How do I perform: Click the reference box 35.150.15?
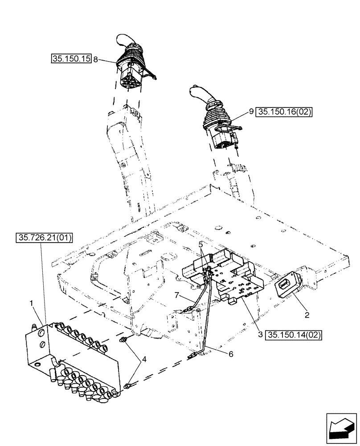(71, 58)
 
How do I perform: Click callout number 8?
(95, 59)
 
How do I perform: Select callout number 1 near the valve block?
(31, 303)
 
